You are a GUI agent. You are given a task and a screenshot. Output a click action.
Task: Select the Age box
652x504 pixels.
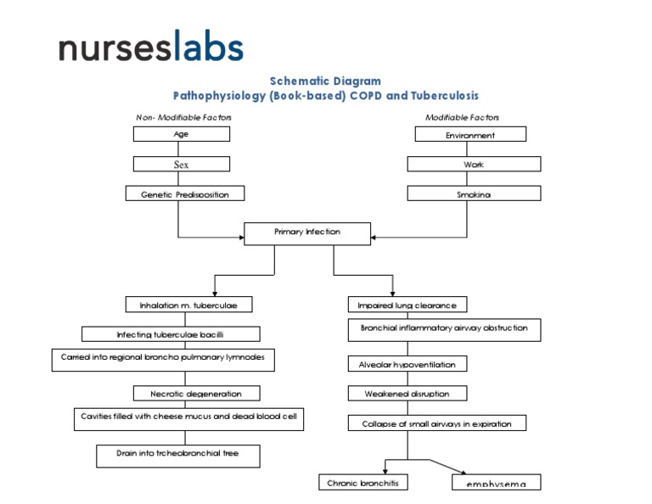point(181,134)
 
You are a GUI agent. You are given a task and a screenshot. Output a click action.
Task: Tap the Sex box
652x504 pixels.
point(181,164)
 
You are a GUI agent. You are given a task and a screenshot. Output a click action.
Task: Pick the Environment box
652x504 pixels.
point(470,134)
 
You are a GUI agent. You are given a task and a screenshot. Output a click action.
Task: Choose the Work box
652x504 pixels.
point(474,164)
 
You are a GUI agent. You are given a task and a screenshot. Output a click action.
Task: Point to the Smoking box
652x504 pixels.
point(474,193)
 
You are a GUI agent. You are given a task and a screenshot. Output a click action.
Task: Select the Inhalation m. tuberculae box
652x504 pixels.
point(189,305)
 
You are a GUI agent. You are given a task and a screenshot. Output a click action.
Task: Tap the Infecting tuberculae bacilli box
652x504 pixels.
point(171,334)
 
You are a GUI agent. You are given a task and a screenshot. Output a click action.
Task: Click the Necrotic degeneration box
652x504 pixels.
point(196,394)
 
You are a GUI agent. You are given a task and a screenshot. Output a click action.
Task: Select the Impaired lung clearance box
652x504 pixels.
point(407,305)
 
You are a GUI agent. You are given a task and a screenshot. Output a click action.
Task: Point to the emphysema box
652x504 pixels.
point(496,483)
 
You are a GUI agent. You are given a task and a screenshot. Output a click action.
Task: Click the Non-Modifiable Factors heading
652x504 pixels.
point(183,117)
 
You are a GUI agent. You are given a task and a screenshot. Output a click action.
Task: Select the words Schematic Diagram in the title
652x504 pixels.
point(325,81)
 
